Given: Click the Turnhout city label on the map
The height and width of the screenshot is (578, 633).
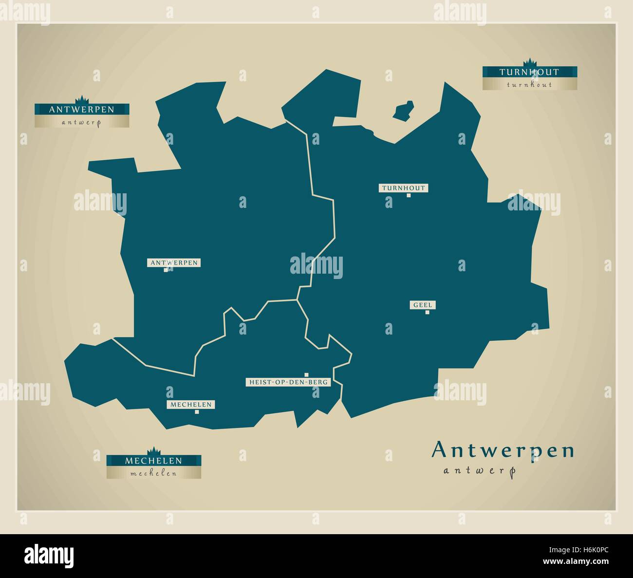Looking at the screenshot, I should [x=403, y=188].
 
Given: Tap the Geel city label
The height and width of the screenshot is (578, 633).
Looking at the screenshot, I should [x=423, y=305].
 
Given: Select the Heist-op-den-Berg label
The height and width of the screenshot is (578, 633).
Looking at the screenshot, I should [x=288, y=382].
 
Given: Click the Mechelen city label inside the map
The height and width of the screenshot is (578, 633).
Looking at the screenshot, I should [x=191, y=405].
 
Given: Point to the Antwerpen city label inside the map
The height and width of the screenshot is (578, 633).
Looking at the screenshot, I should [x=174, y=263].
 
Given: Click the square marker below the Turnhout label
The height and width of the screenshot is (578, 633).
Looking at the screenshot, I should [x=409, y=196].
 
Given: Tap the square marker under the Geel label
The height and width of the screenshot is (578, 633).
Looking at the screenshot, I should [x=428, y=313].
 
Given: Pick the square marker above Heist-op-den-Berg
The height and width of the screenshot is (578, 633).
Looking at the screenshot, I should [x=306, y=374].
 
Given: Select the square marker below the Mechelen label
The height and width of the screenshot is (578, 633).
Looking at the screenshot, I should [x=197, y=412].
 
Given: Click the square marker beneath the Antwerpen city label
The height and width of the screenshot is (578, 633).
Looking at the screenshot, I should [x=166, y=270].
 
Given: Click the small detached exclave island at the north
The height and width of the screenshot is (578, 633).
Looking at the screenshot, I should [x=404, y=110].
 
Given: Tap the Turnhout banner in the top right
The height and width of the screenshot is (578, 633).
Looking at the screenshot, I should [x=529, y=72].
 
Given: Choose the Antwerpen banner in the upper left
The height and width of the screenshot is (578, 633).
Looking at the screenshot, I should [x=81, y=110].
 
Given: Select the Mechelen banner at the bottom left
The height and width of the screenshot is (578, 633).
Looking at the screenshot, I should [x=153, y=460].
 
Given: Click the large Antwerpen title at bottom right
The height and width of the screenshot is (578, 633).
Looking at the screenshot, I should [x=503, y=450].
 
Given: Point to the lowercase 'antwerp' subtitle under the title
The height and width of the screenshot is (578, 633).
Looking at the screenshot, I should [x=479, y=470].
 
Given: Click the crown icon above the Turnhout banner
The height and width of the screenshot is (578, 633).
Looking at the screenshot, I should [x=529, y=62].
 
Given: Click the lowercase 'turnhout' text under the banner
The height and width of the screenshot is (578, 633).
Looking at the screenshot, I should [x=529, y=85].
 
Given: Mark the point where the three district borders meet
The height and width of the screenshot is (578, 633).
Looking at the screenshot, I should [x=297, y=299].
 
